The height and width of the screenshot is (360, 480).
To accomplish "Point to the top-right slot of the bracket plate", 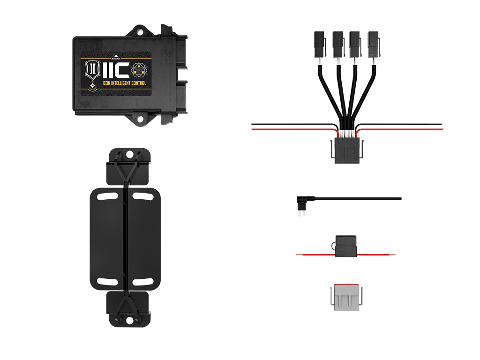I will click(142, 195).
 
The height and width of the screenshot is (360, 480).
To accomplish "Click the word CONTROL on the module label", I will click(137, 83).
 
